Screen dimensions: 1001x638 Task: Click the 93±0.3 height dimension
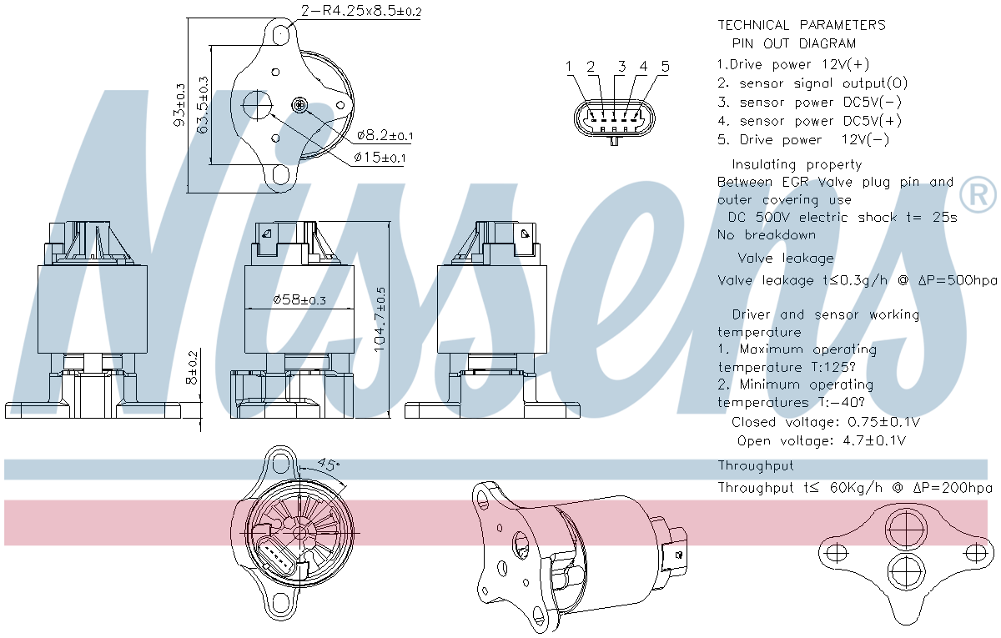click(179, 105)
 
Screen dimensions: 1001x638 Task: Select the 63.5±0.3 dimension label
click(203, 105)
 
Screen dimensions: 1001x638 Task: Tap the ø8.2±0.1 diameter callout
click(385, 135)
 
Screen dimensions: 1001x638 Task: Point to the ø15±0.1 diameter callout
click(380, 158)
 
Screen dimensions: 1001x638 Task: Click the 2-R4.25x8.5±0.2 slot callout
click(361, 10)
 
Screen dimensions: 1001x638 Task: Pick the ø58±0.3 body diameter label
click(299, 299)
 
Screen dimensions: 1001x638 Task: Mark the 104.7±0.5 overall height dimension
click(380, 319)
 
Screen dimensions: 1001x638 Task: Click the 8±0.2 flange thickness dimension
click(192, 367)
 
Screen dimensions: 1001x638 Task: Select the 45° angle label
click(329, 465)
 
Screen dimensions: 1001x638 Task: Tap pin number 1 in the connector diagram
click(568, 67)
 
